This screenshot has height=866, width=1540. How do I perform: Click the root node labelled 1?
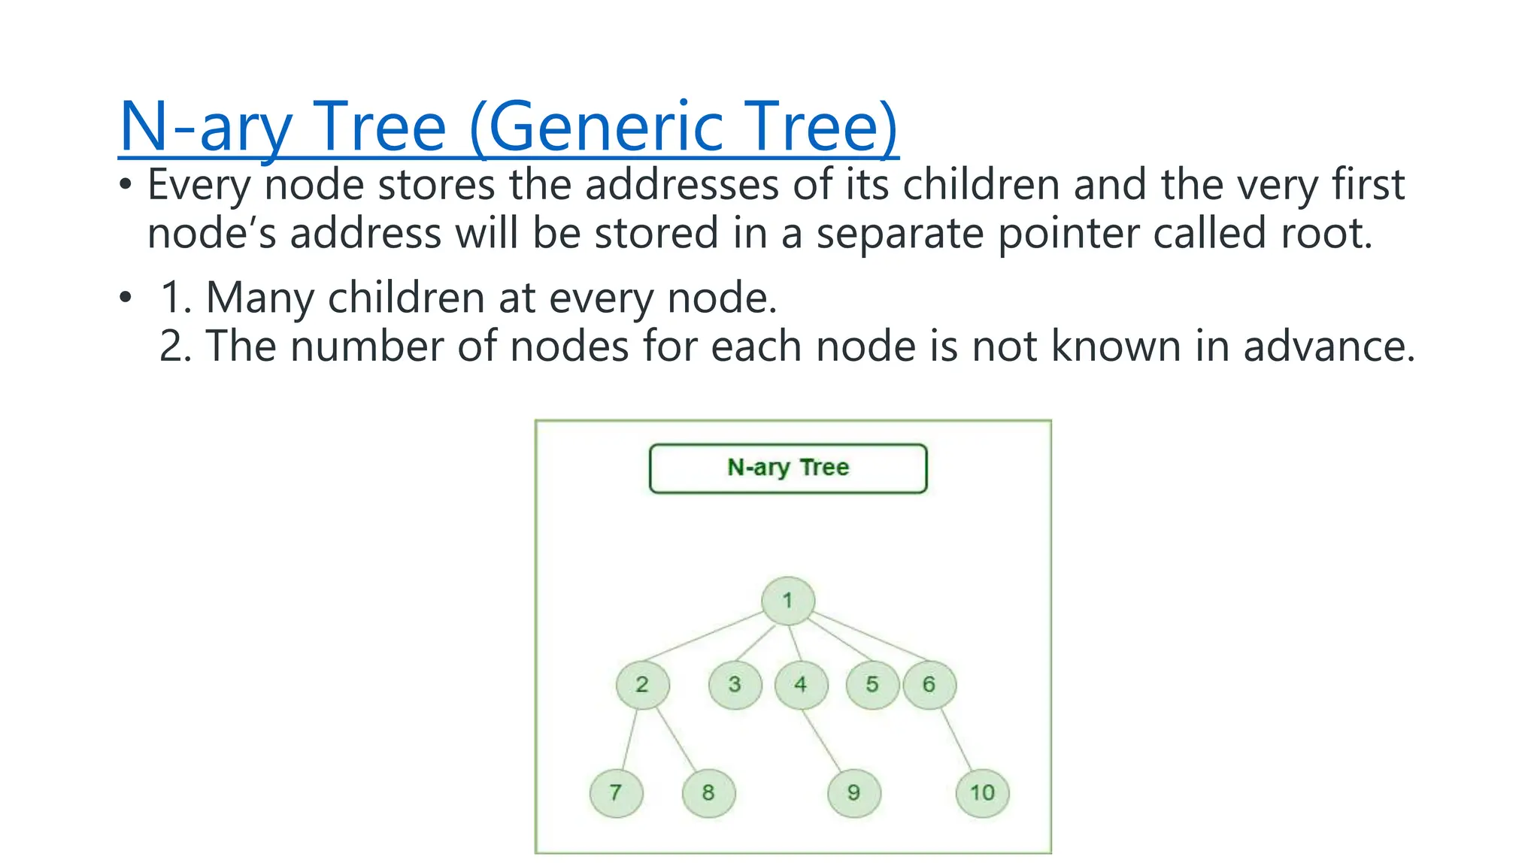pos(787,601)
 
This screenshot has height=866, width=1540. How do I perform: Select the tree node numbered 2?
pos(641,684)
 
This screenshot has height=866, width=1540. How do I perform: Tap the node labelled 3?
pos(735,684)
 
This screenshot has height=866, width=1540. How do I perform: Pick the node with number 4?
pos(801,684)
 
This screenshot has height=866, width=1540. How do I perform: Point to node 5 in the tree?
pos(872,684)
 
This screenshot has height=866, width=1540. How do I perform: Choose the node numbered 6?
pos(929,684)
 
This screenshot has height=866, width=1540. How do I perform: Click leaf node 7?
pos(616,792)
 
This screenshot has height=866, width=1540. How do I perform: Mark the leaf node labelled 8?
pos(708,792)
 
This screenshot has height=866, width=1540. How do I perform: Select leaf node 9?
pos(853,792)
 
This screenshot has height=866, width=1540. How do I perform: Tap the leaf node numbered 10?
pos(982,792)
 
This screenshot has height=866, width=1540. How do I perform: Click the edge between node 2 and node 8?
pos(677,741)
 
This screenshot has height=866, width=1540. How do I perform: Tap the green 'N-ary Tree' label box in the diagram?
pos(788,468)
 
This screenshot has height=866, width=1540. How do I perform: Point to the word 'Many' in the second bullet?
pos(259,298)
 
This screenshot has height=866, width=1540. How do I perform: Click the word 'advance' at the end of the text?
pos(1328,347)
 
